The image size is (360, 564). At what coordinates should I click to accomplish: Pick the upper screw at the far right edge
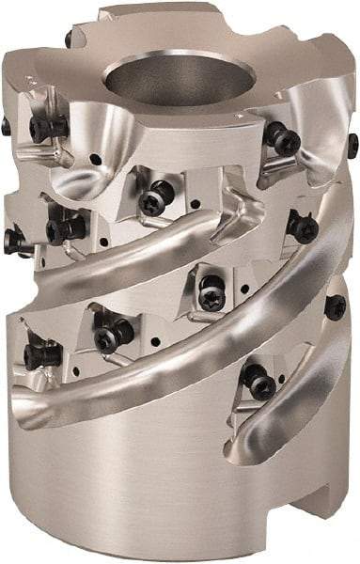[352, 145]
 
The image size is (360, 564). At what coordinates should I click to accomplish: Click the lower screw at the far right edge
[336, 306]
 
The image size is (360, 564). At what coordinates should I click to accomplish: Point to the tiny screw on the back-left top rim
[69, 39]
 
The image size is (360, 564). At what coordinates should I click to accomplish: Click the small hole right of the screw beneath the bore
[193, 202]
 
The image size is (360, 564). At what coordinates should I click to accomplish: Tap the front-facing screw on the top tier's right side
[282, 140]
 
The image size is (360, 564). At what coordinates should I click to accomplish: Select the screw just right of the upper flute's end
[301, 227]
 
